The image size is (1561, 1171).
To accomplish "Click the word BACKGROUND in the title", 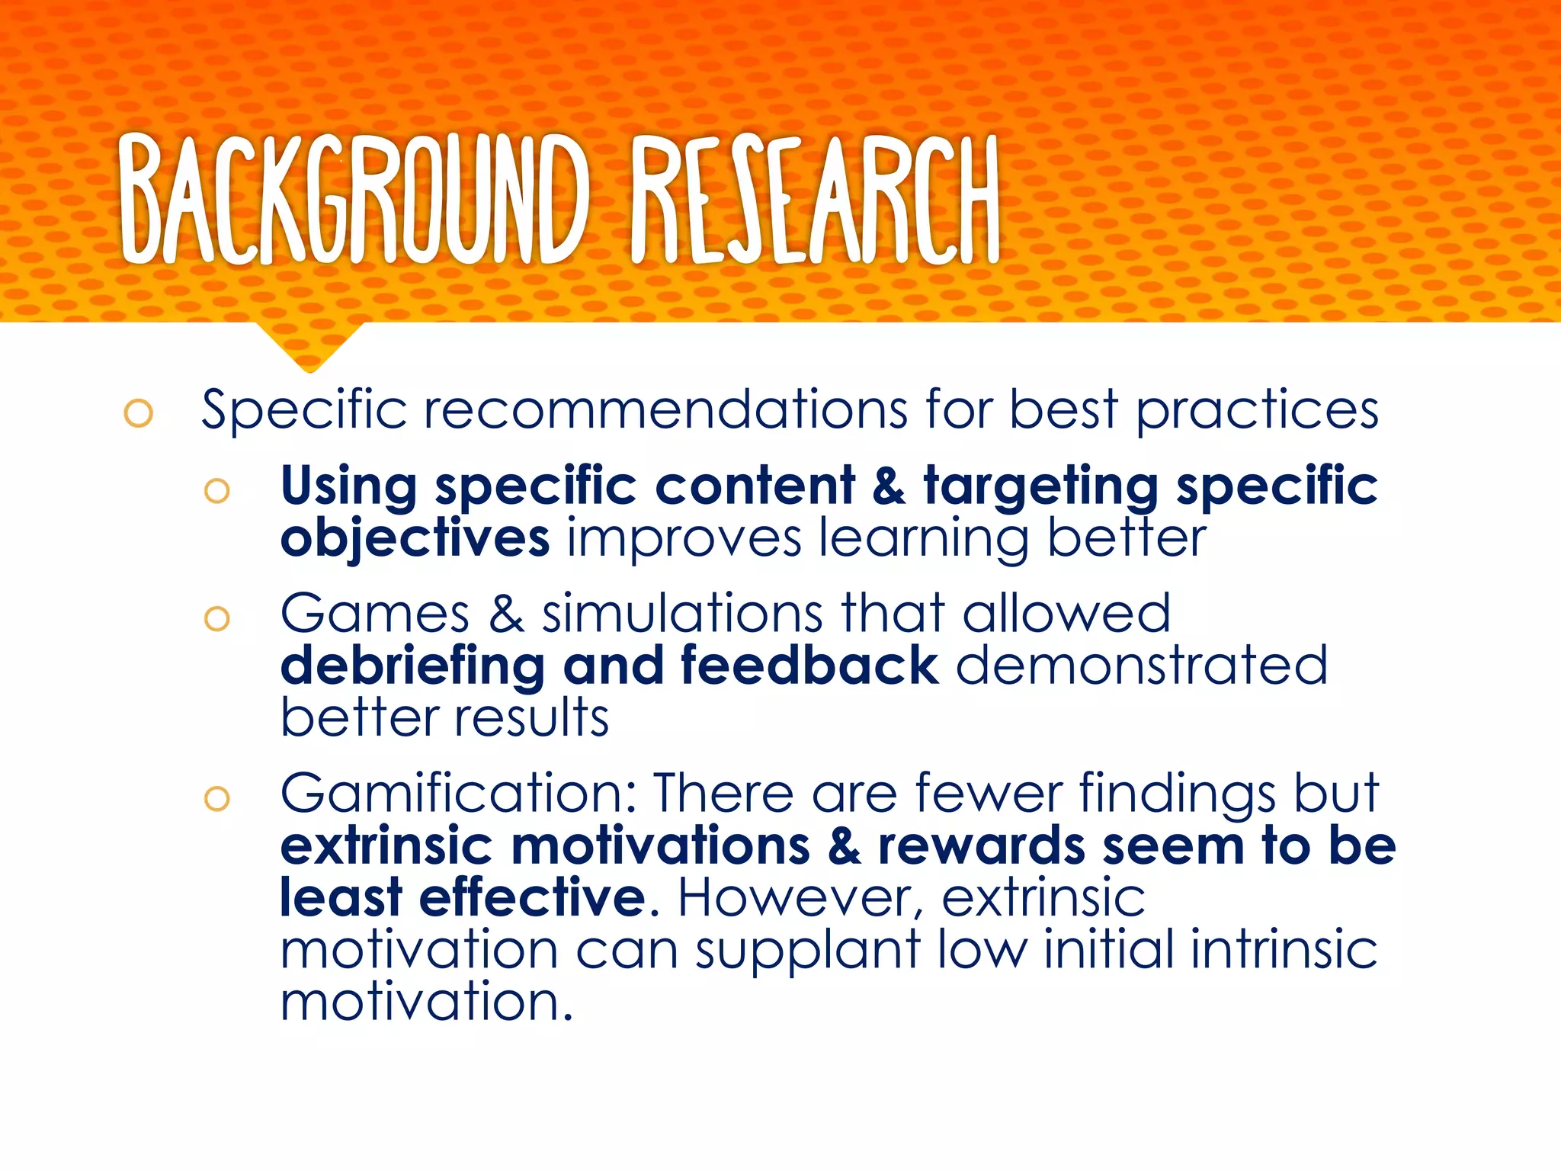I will pos(355,200).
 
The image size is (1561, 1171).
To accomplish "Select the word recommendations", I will pos(665,410).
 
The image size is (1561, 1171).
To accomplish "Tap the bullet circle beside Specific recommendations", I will pos(139,413).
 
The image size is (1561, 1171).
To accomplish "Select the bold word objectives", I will pos(415,538).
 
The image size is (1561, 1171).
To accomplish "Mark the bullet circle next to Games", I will pos(217,618).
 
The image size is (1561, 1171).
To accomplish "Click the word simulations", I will pos(682,614).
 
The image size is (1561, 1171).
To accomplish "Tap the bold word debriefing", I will pos(412,666).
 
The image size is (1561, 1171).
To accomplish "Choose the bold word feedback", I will pos(809,665).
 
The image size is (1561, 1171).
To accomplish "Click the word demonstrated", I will pos(1141,665).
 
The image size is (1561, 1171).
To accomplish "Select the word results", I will pos(532,718).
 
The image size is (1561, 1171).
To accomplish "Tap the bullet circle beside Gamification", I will pos(217,798).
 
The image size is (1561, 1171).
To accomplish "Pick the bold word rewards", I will pos(981,846).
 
